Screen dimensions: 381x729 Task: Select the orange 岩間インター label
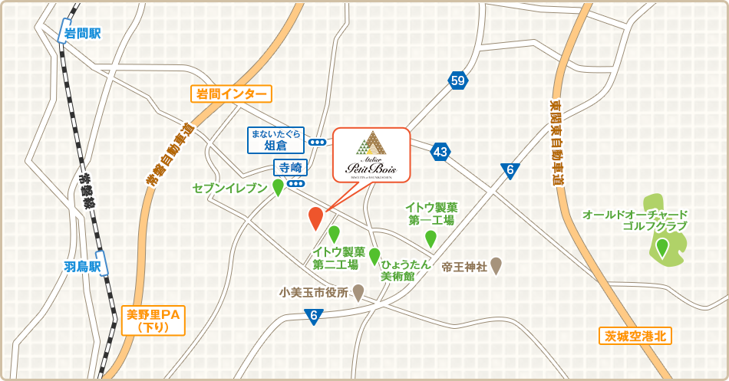(x=231, y=94)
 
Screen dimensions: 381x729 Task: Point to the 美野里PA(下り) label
(x=153, y=320)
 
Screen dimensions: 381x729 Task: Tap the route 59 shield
(x=458, y=80)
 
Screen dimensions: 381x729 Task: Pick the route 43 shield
(x=440, y=152)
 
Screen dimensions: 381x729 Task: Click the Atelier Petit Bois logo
(x=371, y=153)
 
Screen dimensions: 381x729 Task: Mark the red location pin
(x=315, y=218)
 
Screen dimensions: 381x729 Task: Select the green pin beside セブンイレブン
(x=278, y=187)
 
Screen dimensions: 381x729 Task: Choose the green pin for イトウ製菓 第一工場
(x=430, y=238)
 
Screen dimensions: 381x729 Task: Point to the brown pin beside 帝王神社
(x=496, y=265)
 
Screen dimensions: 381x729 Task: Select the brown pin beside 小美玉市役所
(x=358, y=292)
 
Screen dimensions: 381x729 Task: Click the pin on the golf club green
(x=661, y=247)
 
